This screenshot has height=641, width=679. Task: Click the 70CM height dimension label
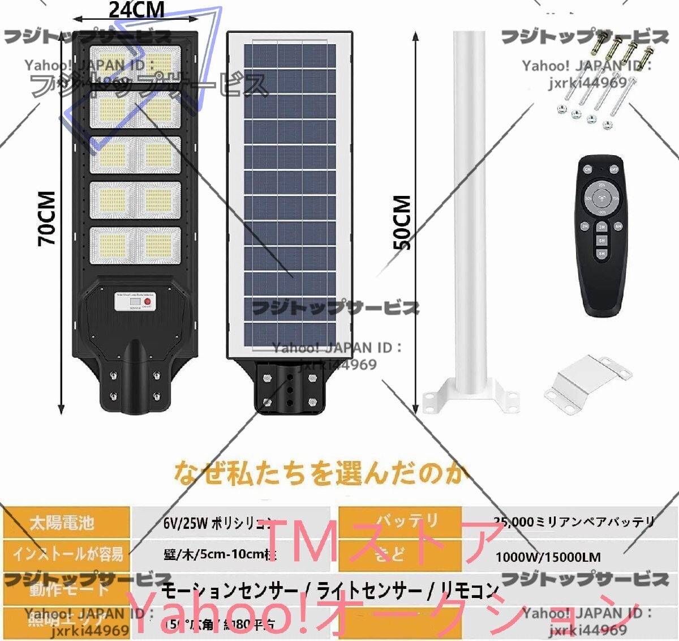[x=48, y=218]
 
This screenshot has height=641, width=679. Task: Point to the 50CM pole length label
[x=402, y=222]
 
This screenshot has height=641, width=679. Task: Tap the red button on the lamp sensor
[x=148, y=302]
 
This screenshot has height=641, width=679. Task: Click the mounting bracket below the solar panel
[x=290, y=388]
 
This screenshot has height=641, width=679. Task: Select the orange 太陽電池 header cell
[x=65, y=522]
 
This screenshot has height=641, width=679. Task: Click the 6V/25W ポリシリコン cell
[x=218, y=523]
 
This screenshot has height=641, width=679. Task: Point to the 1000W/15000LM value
[x=548, y=557]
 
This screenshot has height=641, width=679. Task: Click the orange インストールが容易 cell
[x=67, y=553]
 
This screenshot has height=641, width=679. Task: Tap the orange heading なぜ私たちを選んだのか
[x=320, y=473]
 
